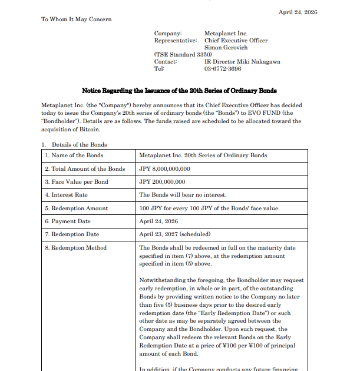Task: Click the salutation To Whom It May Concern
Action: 76,19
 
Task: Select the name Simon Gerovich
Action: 226,48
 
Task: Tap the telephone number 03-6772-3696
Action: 223,69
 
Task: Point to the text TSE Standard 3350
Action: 183,55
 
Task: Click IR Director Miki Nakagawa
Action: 242,62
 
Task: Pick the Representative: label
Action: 175,41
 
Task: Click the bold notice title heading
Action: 179,91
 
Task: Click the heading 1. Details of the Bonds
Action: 74,144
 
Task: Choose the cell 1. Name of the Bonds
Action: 74,155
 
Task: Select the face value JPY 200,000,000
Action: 162,183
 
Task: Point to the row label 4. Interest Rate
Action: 66,195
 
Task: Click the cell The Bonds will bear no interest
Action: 183,195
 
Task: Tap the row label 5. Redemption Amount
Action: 76,208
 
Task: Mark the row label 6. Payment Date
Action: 68,221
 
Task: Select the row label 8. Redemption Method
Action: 75,248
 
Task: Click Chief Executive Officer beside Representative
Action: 236,41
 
